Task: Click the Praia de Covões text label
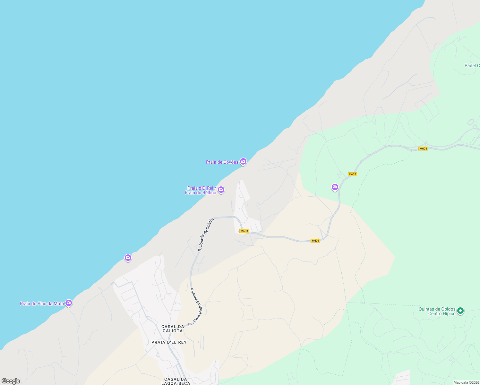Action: (x=222, y=162)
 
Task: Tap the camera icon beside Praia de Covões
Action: (x=243, y=161)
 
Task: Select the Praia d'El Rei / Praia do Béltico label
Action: (x=201, y=190)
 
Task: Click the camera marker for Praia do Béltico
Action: (x=221, y=190)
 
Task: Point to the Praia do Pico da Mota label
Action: (x=42, y=304)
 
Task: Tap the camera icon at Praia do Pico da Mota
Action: (x=68, y=303)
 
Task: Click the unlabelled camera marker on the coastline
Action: (x=128, y=258)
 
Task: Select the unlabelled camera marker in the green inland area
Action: (x=335, y=187)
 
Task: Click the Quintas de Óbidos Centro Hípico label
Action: (x=437, y=311)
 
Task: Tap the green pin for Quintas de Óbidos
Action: (x=460, y=311)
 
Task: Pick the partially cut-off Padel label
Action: (x=472, y=65)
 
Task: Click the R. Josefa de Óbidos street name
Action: (x=206, y=235)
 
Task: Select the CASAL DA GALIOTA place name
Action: (x=173, y=329)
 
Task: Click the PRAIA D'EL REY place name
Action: (x=169, y=342)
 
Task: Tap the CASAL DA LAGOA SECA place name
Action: (x=176, y=381)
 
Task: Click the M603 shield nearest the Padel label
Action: (x=423, y=149)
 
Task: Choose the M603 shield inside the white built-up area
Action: (x=244, y=231)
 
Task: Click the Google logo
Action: (x=11, y=381)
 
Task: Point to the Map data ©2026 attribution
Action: (x=466, y=382)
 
